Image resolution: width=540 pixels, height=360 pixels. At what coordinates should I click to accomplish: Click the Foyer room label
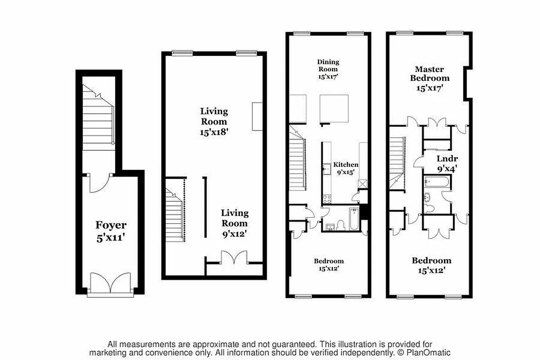click(111, 225)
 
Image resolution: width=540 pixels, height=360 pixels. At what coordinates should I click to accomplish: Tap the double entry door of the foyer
click(110, 283)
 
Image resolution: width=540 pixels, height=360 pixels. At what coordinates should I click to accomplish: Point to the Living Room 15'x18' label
click(214, 121)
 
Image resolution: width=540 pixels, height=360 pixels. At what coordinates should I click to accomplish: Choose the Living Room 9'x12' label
click(234, 223)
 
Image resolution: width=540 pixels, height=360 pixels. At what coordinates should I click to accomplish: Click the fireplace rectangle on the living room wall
click(257, 117)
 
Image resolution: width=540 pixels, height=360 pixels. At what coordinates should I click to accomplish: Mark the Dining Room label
click(328, 65)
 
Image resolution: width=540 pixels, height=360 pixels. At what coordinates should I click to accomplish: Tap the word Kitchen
click(345, 165)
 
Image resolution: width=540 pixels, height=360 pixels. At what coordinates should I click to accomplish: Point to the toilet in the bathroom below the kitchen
click(341, 225)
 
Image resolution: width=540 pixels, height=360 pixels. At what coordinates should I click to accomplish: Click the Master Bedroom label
click(429, 74)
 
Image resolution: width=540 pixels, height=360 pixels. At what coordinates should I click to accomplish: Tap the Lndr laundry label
click(447, 158)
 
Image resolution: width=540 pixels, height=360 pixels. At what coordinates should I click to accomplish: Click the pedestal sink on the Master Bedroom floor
click(427, 197)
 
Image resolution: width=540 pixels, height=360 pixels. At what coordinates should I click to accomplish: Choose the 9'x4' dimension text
click(447, 170)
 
